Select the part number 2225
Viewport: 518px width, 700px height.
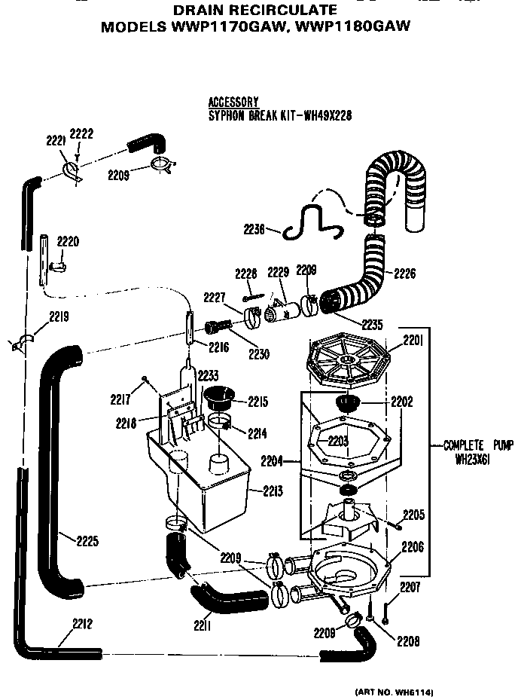[87, 540]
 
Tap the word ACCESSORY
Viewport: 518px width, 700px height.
[233, 102]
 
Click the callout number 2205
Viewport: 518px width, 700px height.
[413, 515]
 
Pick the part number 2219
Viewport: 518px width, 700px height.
[59, 319]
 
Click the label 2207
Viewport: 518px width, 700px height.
[410, 586]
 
